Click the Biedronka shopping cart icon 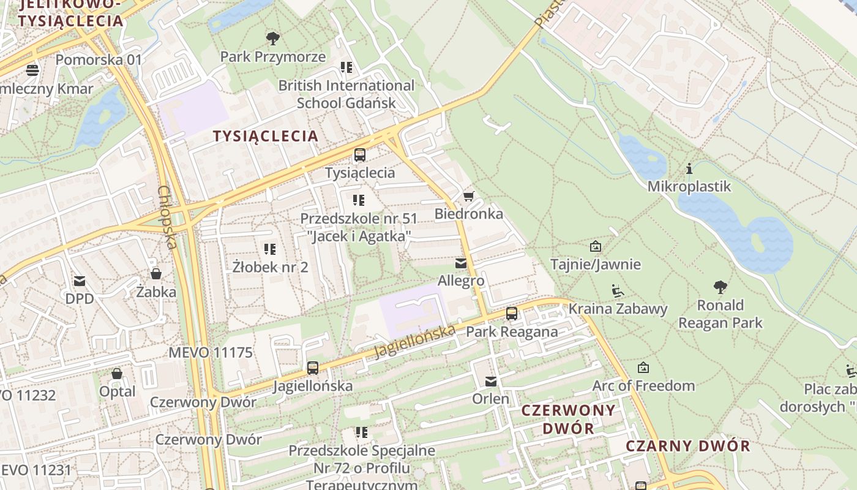468,197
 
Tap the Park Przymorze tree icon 273,39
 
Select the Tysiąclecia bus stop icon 360,155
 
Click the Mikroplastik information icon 689,168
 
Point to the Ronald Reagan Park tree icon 720,287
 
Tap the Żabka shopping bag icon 156,274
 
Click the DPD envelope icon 80,281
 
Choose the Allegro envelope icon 461,263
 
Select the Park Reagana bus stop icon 512,314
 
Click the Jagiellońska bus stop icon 313,368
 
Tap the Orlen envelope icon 491,382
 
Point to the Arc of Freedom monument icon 643,368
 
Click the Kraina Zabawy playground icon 618,290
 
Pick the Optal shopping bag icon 117,374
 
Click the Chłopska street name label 167,217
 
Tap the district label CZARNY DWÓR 688,446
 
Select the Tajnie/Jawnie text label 596,265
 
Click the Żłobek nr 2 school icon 270,249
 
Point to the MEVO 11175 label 211,353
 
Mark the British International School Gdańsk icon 346,67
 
